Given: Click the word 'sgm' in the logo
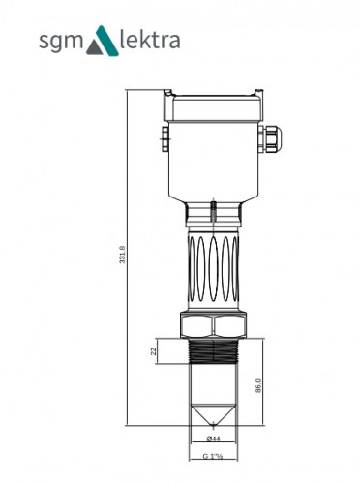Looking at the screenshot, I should pos(61,43).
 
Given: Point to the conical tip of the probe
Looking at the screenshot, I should pos(213,418).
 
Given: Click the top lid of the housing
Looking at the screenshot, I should pos(214,98).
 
